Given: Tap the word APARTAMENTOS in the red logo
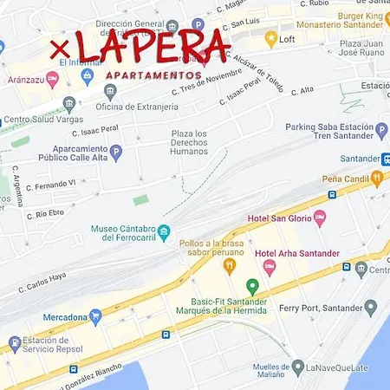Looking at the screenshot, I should pyautogui.click(x=154, y=75).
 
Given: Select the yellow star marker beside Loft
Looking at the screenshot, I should pyautogui.click(x=270, y=39).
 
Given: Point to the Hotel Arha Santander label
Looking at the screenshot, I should pyautogui.click(x=298, y=253).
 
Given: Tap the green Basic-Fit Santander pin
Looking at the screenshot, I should pyautogui.click(x=252, y=286).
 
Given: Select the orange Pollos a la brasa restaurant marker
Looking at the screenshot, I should pyautogui.click(x=230, y=266).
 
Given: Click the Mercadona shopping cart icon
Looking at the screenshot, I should pyautogui.click(x=95, y=317).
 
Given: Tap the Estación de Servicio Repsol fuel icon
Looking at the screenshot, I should pyautogui.click(x=15, y=345).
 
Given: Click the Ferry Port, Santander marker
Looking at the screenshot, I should pyautogui.click(x=370, y=307).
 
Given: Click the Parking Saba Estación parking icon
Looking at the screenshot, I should pyautogui.click(x=381, y=131).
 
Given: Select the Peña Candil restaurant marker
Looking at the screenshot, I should pyautogui.click(x=377, y=179).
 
